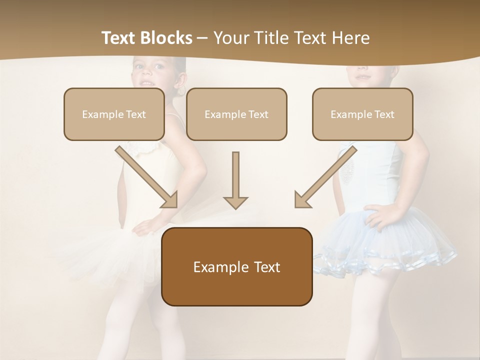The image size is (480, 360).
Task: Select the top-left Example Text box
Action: pos(114,114)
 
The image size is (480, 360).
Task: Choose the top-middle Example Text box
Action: pos(236,114)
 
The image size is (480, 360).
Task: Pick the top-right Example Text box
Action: pos(362,114)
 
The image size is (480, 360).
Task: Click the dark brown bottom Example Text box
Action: pos(236,266)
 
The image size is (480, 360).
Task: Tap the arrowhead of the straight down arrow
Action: pos(235,201)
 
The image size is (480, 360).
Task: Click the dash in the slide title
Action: pos(202,38)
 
